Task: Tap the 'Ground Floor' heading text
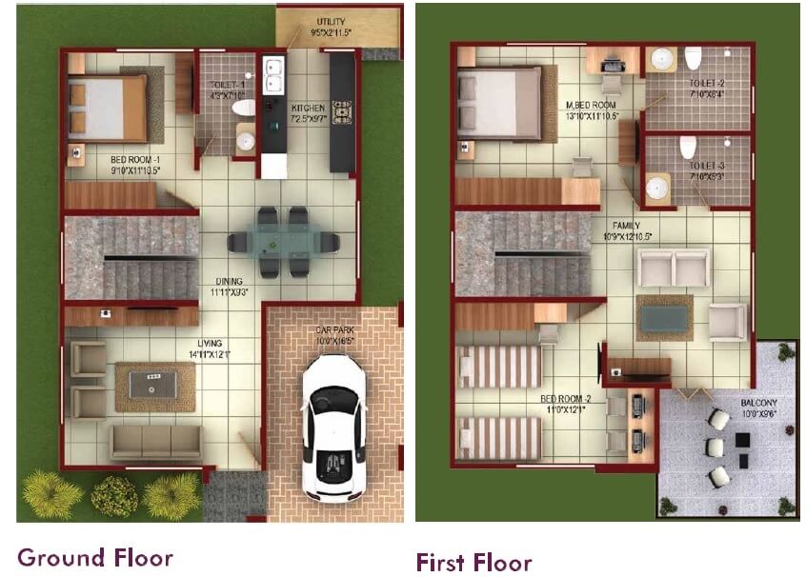pyautogui.click(x=94, y=557)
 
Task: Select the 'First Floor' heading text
pyautogui.click(x=474, y=562)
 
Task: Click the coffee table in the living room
pyautogui.click(x=153, y=386)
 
